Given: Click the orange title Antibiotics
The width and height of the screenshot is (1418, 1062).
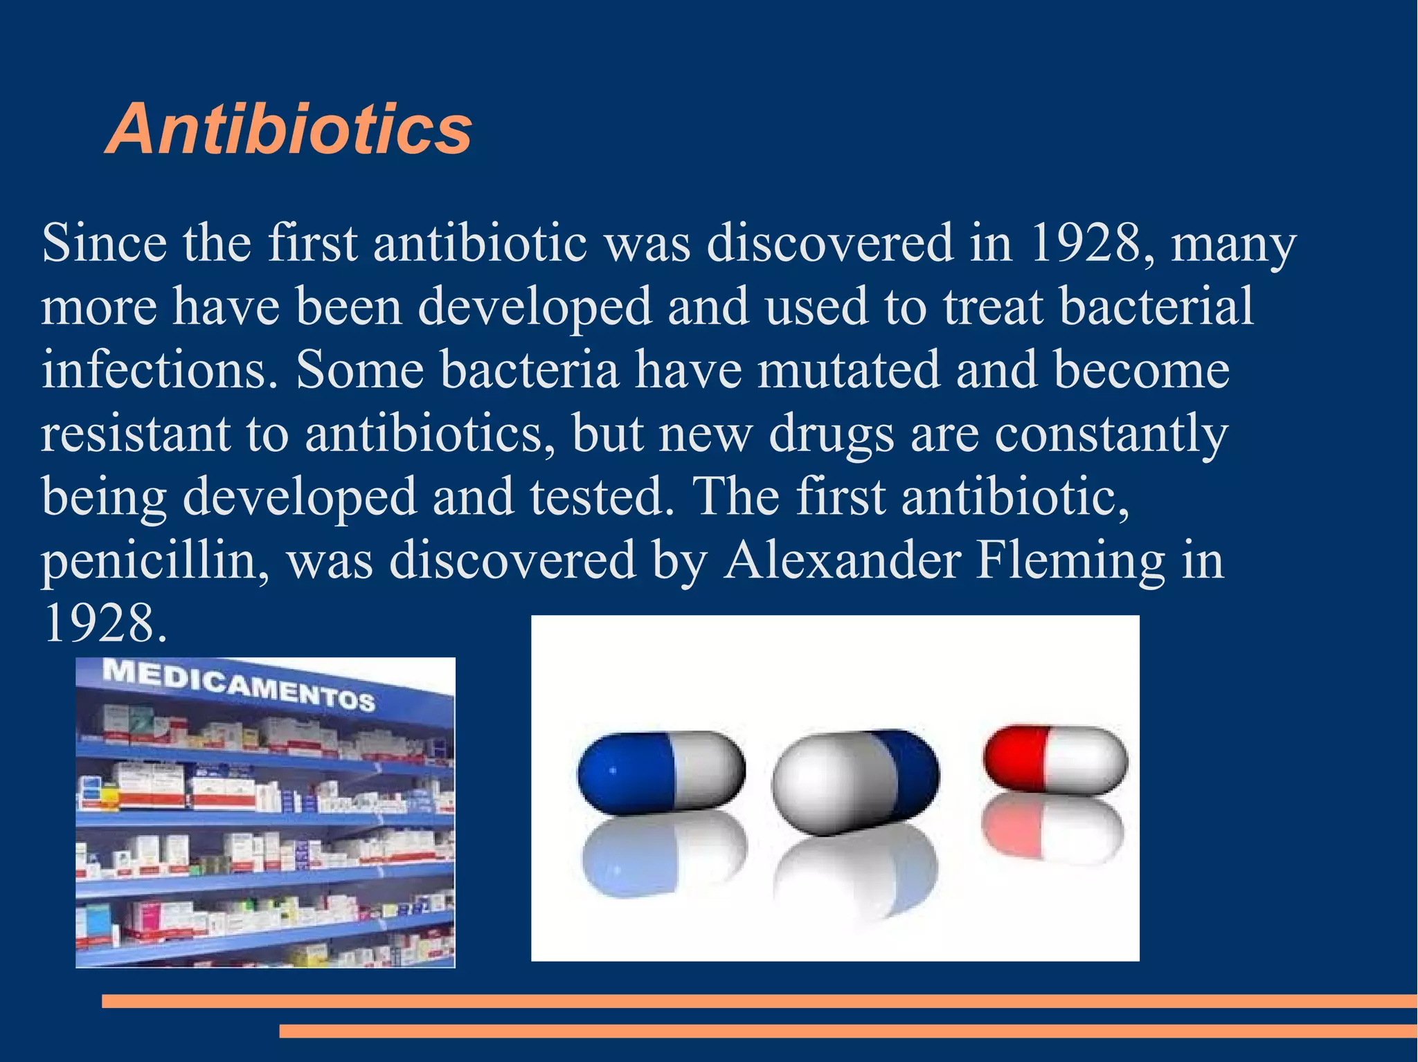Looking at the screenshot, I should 289,129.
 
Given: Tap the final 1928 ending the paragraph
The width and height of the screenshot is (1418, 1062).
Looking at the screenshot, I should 104,623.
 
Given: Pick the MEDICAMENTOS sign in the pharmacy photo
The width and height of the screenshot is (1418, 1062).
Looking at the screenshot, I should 239,684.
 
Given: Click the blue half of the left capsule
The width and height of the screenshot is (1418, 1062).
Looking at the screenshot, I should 623,771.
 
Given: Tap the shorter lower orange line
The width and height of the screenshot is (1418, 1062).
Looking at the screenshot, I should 847,1031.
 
